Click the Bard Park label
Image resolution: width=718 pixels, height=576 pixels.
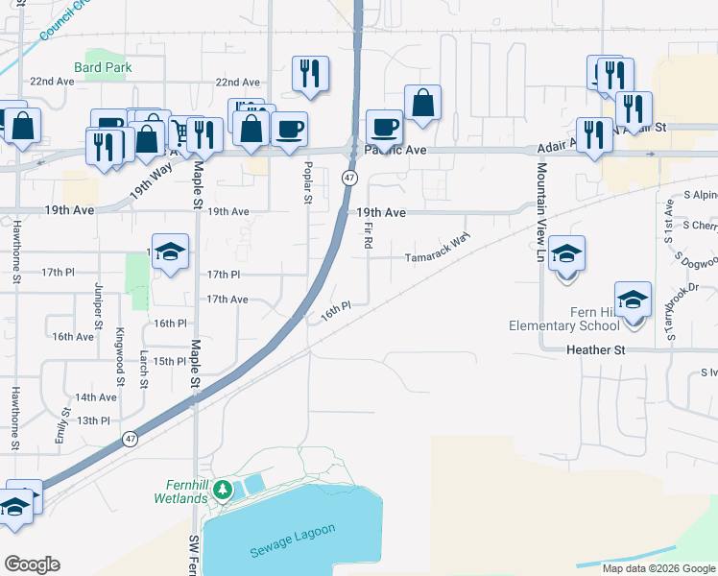click(x=103, y=67)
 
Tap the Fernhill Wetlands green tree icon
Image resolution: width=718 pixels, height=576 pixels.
click(x=223, y=490)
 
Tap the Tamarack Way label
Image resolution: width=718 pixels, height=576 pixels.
click(x=438, y=257)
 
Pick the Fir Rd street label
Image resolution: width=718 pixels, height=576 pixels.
click(x=369, y=234)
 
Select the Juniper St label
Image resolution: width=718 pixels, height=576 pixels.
click(x=98, y=306)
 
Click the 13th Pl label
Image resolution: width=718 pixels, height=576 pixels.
click(x=94, y=420)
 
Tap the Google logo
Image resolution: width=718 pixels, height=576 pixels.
click(x=32, y=564)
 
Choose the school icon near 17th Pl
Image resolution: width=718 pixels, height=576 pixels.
click(x=170, y=252)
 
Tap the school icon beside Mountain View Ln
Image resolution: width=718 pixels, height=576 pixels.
click(x=566, y=253)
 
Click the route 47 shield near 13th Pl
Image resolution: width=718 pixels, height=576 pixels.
click(x=129, y=438)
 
